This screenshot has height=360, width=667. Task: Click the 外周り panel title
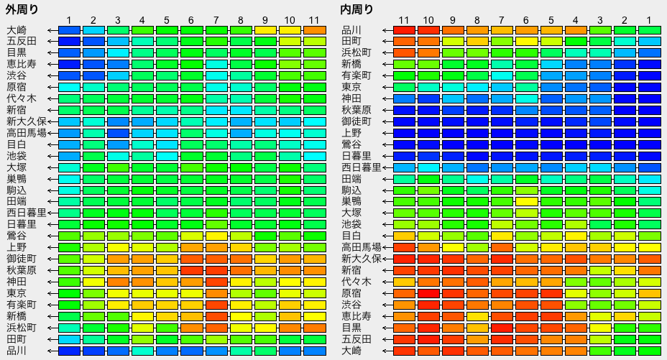click(22, 9)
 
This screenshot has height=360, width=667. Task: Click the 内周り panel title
click(356, 9)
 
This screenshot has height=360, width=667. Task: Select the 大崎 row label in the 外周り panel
click(17, 30)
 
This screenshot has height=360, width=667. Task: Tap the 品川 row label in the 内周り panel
click(351, 30)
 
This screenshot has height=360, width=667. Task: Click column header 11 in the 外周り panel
click(314, 20)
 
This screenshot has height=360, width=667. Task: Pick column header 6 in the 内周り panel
click(526, 20)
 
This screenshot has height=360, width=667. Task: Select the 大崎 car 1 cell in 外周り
click(69, 30)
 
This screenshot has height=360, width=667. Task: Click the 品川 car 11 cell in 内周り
click(404, 30)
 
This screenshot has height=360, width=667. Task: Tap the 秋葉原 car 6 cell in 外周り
click(191, 270)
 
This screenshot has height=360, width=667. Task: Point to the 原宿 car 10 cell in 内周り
click(428, 293)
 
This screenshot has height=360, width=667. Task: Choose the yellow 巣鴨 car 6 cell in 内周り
click(526, 201)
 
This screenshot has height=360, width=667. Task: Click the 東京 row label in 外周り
click(17, 293)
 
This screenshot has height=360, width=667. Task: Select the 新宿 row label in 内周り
click(351, 270)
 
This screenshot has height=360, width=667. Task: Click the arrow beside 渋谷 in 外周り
click(52, 76)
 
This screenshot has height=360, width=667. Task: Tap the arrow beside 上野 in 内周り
click(387, 133)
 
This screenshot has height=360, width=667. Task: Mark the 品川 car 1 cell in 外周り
click(69, 351)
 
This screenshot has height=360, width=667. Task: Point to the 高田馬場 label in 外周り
click(27, 133)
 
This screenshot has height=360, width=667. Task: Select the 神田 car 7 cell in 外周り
click(216, 282)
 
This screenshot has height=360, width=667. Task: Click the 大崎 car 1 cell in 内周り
click(649, 351)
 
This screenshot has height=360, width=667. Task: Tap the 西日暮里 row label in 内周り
click(361, 167)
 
